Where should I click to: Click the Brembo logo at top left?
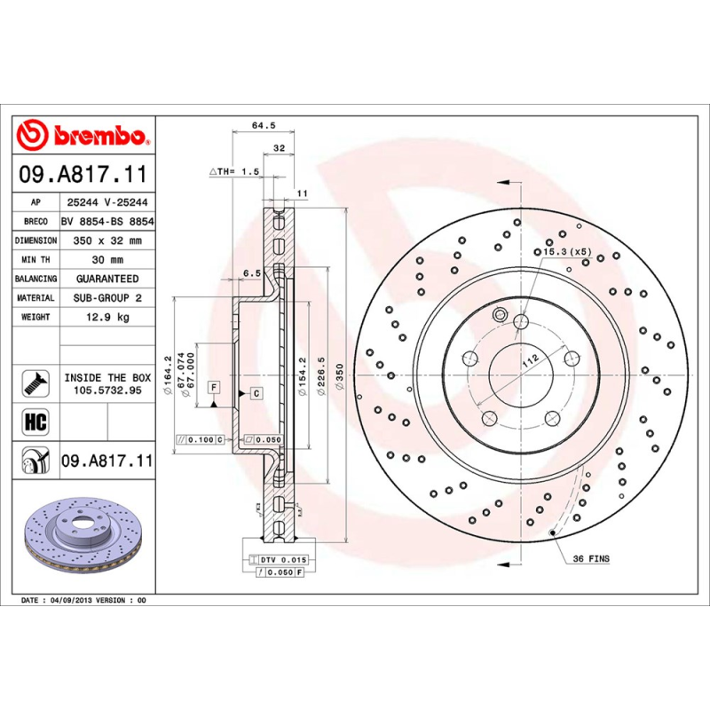click(x=83, y=135)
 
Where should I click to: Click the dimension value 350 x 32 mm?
click(x=106, y=241)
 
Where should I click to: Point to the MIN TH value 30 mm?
click(x=106, y=260)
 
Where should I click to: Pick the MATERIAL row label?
click(x=35, y=298)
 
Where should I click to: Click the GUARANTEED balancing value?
click(x=106, y=279)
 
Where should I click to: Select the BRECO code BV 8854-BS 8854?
click(x=106, y=222)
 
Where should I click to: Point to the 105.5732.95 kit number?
click(x=106, y=390)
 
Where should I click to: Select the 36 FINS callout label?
click(x=591, y=559)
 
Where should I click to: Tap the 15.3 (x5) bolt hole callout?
click(x=568, y=253)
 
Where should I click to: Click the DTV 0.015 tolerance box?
click(x=282, y=561)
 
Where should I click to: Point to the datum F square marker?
click(x=213, y=386)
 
